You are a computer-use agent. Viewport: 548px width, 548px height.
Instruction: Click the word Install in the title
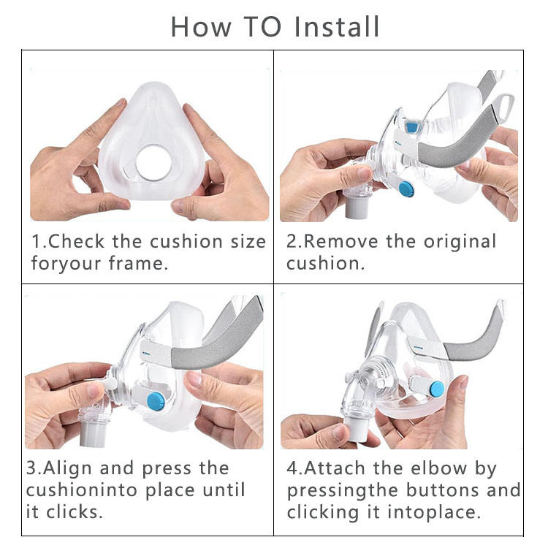(337, 27)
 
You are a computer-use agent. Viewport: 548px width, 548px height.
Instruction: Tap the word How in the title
(201, 27)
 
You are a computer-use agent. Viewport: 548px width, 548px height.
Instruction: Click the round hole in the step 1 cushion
(153, 163)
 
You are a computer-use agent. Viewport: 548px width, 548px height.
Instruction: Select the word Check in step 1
(76, 242)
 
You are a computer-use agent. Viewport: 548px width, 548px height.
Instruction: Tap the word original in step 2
(460, 243)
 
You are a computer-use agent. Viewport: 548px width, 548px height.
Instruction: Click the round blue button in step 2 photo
(406, 189)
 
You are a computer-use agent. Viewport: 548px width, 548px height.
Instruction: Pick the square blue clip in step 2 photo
(412, 126)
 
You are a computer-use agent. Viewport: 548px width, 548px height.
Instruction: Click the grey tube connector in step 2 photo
(357, 208)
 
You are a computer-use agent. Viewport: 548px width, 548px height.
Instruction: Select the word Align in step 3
(67, 469)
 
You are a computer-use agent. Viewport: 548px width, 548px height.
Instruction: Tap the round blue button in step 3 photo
(156, 401)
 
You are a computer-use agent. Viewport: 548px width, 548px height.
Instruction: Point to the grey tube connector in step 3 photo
(93, 435)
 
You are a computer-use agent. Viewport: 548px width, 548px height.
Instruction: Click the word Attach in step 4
(335, 468)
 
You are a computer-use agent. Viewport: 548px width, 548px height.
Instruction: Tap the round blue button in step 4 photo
(437, 389)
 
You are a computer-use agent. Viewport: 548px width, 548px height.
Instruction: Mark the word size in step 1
(248, 242)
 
